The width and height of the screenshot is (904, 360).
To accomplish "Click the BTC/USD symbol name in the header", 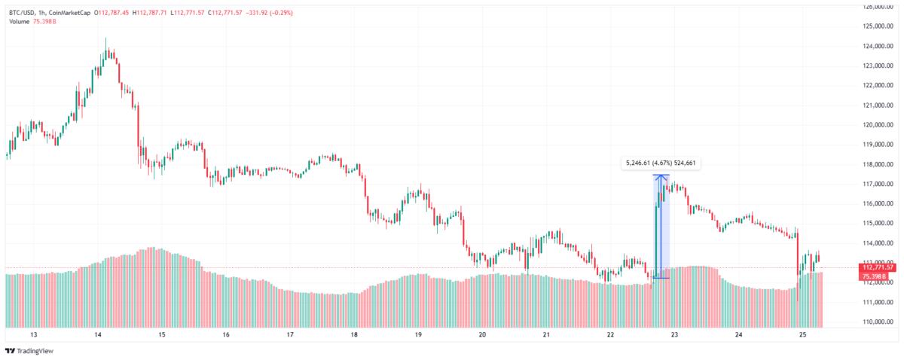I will (21, 13).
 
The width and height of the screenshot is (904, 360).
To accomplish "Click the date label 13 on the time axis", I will (34, 335).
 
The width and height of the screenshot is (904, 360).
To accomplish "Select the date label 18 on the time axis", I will (354, 335).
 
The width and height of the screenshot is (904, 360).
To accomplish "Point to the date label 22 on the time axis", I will (610, 335).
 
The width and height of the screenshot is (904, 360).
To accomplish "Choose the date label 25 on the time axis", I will (803, 335).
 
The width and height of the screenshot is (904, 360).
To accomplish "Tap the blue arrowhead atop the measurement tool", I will (661, 178).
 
